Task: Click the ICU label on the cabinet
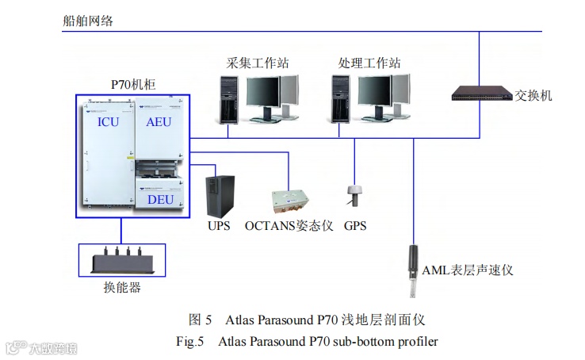pos(109,123)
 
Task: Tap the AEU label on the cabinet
pos(158,123)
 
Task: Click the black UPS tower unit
pos(218,195)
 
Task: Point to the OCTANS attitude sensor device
pos(289,202)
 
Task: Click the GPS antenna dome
pos(354,193)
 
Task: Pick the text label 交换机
pos(533,96)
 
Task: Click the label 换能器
pos(121,288)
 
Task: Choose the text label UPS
pos(219,226)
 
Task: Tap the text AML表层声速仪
pos(468,270)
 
